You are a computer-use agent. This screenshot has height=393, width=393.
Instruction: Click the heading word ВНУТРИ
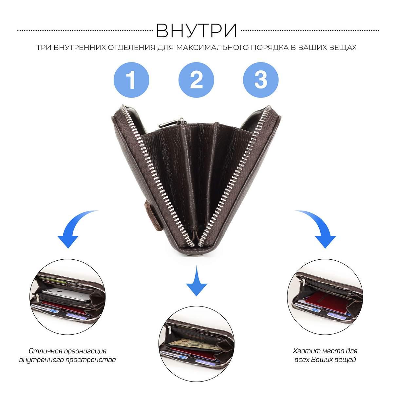196,30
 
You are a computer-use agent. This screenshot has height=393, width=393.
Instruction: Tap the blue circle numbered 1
131,80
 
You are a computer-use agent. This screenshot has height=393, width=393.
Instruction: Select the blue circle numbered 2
196,80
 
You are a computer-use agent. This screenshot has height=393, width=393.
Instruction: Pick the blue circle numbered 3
261,80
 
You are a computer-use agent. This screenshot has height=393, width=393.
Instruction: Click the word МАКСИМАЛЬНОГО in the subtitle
212,47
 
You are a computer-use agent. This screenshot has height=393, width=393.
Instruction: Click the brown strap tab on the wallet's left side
152,216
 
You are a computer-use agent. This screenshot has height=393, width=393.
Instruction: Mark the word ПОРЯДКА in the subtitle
269,47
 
